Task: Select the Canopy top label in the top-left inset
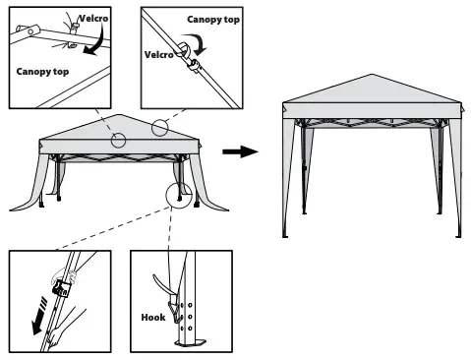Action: pos(41,72)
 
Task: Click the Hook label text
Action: pos(152,318)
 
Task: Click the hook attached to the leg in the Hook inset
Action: pos(179,313)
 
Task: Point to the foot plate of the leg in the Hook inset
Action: pos(189,343)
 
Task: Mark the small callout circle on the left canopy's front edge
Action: pos(118,140)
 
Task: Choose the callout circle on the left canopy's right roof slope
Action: pos(161,127)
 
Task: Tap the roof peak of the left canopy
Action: pos(120,115)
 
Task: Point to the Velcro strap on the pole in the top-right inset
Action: pos(194,69)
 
